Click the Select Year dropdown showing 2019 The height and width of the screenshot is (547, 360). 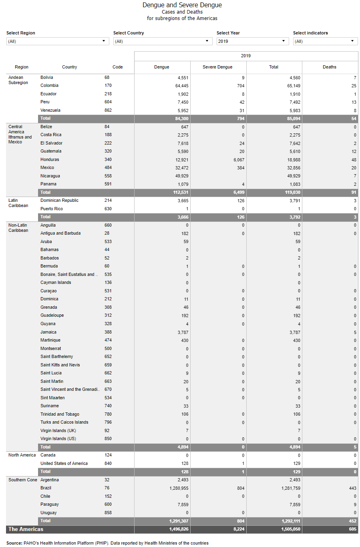point(252,41)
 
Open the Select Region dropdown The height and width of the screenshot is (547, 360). point(58,41)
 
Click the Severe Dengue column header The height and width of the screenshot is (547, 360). point(217,67)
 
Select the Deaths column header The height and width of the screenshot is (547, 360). point(330,67)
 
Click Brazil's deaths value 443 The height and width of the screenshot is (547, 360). point(352,488)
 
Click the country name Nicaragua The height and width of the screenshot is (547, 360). point(50,176)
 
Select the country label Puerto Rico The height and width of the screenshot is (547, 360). point(51,209)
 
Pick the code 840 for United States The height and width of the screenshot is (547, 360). point(108,463)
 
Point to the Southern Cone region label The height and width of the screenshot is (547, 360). point(22,480)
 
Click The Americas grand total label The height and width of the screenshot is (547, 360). point(26,529)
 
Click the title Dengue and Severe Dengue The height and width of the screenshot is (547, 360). point(182,5)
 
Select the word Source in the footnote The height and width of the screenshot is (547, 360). point(14,543)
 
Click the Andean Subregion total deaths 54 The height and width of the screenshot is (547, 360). point(354,119)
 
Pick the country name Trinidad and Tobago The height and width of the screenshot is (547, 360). point(60,414)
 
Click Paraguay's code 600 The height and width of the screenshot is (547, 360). point(108,504)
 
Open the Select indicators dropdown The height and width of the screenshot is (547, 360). point(325,41)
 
